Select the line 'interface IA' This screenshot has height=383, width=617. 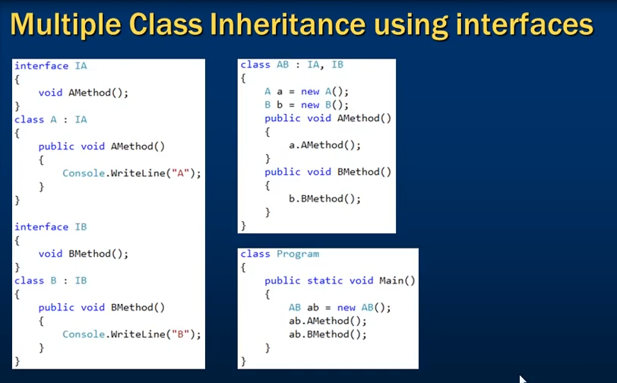51,66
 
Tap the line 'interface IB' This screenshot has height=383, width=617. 51,226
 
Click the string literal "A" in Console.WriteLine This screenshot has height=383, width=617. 181,173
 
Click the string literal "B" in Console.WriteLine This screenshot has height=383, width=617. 181,334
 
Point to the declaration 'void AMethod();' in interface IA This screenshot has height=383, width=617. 84,93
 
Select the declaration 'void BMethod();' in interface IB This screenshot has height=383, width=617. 84,254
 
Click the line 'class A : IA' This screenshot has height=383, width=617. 51,119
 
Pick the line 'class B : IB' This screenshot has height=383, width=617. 51,280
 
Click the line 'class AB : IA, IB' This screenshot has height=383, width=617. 292,65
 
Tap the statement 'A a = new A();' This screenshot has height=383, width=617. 306,92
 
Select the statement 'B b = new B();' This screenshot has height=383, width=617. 306,105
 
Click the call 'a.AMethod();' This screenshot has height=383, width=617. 324,145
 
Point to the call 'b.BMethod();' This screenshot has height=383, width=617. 324,199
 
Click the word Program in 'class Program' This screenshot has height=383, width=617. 298,255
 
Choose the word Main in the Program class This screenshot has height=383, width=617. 391,280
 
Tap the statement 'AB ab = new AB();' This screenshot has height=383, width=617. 340,308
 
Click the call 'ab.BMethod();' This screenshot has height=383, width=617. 327,334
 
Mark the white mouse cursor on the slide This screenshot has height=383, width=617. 523,379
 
